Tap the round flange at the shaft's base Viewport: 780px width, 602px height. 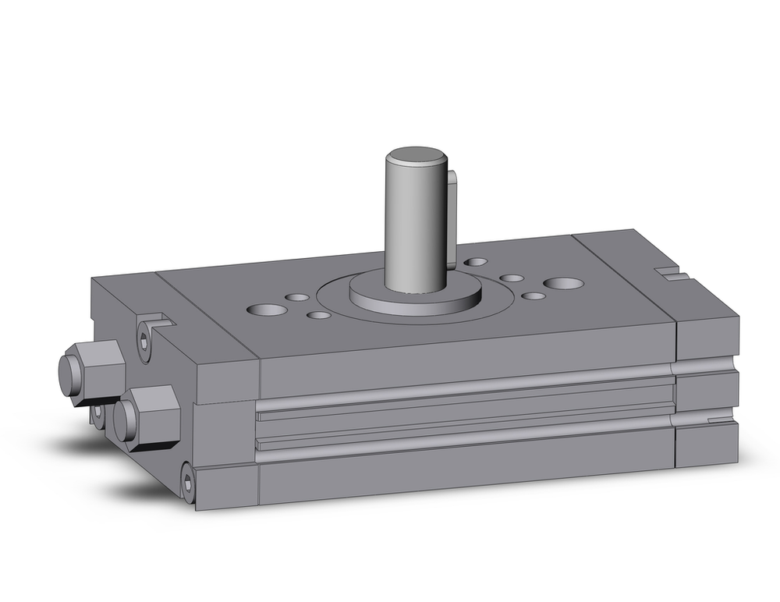413,296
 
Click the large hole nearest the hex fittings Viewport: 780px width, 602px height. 266,310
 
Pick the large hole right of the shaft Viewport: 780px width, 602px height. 562,282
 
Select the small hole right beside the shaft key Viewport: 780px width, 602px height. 475,263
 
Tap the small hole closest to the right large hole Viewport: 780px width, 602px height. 533,296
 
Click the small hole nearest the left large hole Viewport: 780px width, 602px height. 296,296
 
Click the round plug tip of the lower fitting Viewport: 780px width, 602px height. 122,422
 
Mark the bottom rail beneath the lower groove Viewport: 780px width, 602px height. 464,472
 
